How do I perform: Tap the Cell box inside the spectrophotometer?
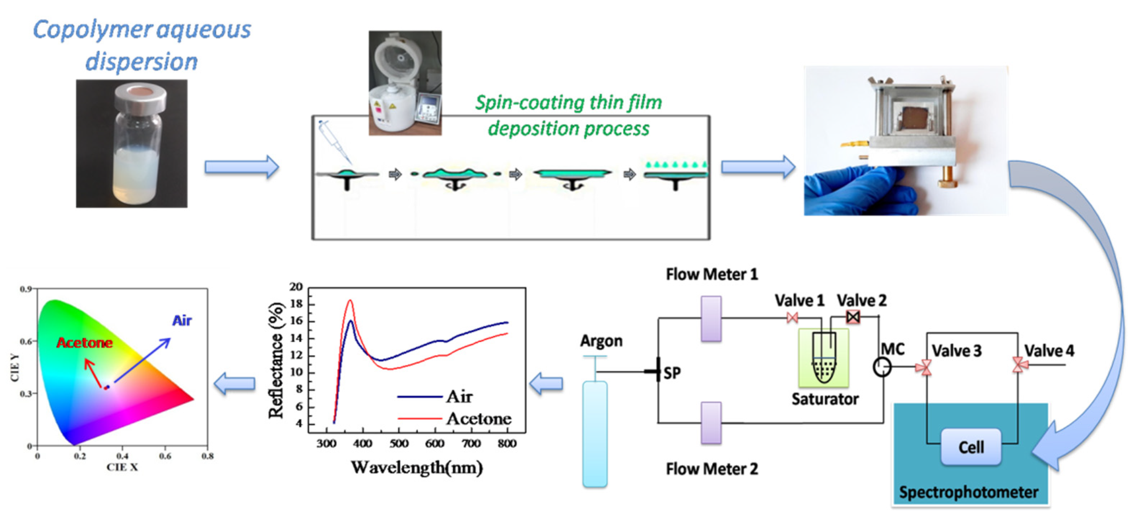click(x=971, y=447)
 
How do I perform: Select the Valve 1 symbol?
click(x=792, y=317)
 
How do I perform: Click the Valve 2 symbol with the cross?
click(x=853, y=317)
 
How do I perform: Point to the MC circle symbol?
click(x=882, y=367)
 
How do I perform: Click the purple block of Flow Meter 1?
click(x=710, y=319)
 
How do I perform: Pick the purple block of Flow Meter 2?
click(x=710, y=423)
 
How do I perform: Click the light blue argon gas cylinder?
click(x=595, y=433)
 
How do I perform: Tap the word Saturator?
click(x=824, y=399)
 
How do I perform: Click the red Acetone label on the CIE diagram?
click(x=84, y=343)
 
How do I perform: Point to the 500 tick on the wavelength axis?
click(x=399, y=443)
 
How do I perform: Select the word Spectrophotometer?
click(x=969, y=492)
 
